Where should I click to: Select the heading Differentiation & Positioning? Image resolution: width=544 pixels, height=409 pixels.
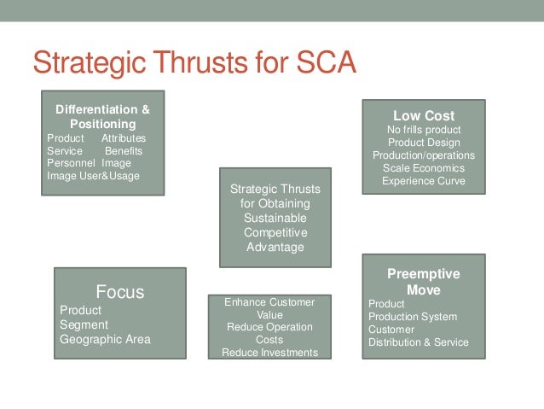[102, 116]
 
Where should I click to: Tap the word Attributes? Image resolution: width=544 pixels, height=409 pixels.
[124, 138]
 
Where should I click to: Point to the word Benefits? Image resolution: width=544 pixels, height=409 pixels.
[124, 151]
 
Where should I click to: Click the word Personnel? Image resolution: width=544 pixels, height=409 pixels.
[71, 163]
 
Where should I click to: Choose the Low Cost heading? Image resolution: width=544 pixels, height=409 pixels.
[424, 115]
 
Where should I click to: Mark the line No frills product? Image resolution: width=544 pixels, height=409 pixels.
[424, 129]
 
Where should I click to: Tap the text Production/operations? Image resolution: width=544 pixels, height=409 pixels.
[424, 155]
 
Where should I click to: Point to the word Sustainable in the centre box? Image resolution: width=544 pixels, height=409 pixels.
[275, 218]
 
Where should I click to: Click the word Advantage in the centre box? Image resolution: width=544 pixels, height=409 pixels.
[275, 247]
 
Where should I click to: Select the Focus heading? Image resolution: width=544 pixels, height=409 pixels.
[119, 292]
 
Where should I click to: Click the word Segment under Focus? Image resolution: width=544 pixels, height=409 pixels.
[84, 324]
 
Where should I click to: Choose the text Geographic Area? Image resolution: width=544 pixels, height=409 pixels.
[105, 339]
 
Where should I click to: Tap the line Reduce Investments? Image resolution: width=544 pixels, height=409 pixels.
[269, 352]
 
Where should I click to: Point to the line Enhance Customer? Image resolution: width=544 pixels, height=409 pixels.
[269, 302]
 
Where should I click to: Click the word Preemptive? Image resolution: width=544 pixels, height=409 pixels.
[424, 274]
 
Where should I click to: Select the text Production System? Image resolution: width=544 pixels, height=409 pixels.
[413, 317]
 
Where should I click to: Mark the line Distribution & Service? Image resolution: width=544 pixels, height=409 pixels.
[419, 342]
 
